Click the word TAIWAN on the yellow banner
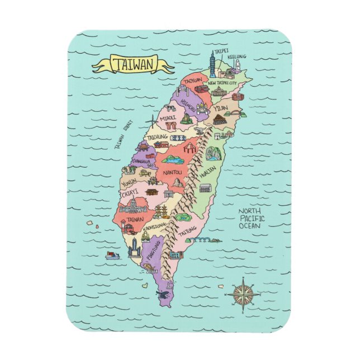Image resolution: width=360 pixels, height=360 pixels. click(132, 64)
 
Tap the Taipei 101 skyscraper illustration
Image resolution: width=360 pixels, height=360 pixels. click(213, 63)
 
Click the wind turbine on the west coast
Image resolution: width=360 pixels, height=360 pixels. click(152, 121)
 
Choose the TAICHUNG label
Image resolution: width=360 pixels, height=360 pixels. click(158, 136)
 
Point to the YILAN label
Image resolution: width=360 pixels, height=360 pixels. click(221, 108)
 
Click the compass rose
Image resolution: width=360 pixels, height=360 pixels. click(242, 294)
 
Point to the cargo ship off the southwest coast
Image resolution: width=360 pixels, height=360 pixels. click(112, 255)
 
